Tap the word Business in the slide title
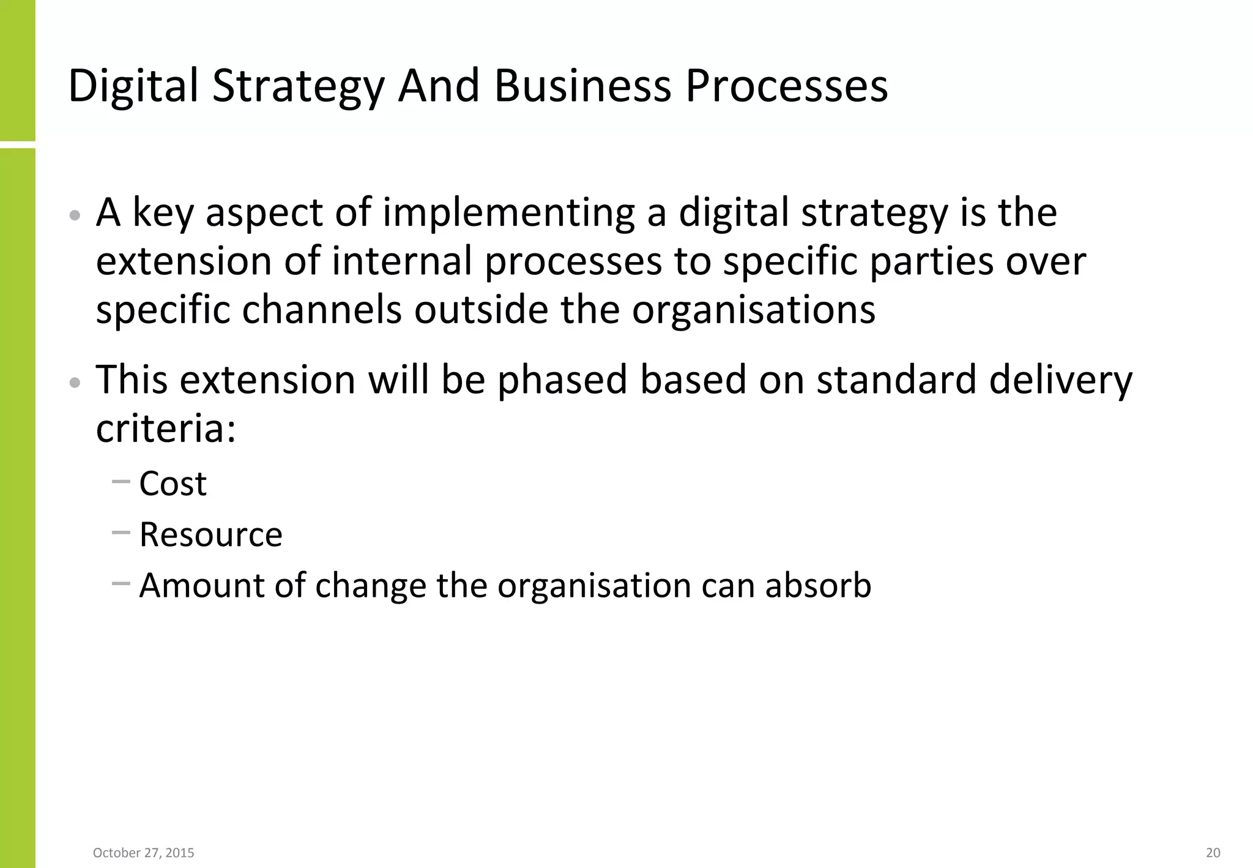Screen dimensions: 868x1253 click(x=582, y=86)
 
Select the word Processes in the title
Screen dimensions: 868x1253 click(x=786, y=86)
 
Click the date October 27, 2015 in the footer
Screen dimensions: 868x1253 click(x=143, y=853)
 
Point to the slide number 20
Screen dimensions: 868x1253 click(x=1213, y=853)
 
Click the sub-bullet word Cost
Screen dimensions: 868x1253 click(x=173, y=484)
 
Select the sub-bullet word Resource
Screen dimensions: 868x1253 click(x=211, y=534)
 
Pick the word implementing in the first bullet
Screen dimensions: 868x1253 click(x=508, y=214)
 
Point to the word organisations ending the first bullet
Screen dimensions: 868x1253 click(x=753, y=309)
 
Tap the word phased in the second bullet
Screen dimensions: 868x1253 click(x=562, y=380)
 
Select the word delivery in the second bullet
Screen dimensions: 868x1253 click(x=1060, y=380)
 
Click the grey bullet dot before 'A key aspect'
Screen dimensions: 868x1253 click(x=75, y=215)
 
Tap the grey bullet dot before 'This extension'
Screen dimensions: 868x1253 click(x=75, y=383)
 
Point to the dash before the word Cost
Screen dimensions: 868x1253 click(x=121, y=482)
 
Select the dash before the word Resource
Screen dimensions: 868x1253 click(x=121, y=533)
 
